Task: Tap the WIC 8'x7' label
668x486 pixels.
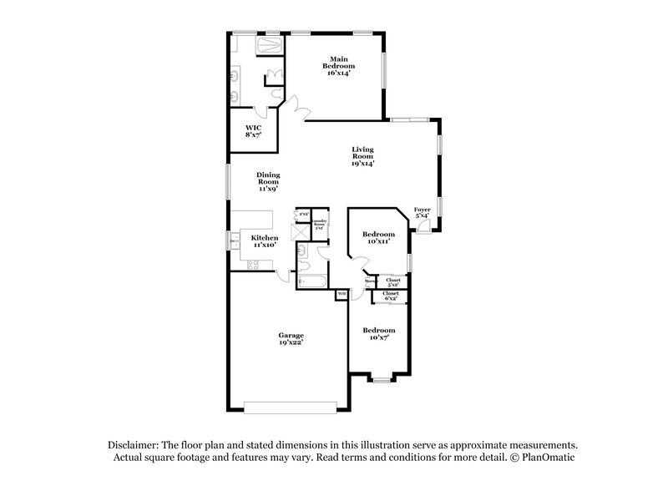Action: pos(253,130)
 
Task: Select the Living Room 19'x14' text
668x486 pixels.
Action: pos(362,158)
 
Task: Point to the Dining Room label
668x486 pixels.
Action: pos(267,181)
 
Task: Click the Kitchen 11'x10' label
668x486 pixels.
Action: pos(265,241)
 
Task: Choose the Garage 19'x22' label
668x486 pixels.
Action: pos(291,338)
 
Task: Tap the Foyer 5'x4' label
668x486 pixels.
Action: pos(423,213)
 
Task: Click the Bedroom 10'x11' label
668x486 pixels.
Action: pos(377,238)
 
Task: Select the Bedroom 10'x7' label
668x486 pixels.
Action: pos(378,333)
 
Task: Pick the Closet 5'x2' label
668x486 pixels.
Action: pos(392,281)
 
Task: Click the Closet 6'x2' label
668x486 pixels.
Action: pos(390,295)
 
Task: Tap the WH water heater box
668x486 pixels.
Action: pos(341,295)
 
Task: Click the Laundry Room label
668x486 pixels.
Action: pos(319,224)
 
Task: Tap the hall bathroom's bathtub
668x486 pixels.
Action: pos(310,280)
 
